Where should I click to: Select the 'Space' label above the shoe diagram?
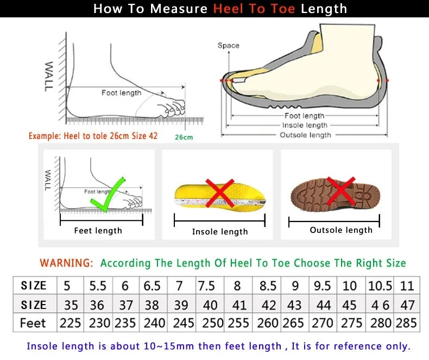[x=228, y=46]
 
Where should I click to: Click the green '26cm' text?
[x=184, y=137]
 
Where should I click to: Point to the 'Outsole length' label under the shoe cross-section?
[x=305, y=135]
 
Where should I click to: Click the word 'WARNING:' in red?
[x=66, y=263]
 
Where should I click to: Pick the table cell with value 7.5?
[x=206, y=286]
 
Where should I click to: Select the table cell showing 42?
[x=268, y=305]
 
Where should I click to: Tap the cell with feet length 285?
[x=407, y=323]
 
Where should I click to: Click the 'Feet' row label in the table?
[x=33, y=323]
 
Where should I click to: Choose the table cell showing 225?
[x=70, y=323]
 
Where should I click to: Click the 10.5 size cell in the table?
[x=380, y=286]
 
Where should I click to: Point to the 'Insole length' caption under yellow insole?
[x=220, y=232]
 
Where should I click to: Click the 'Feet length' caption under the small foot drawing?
[x=98, y=231]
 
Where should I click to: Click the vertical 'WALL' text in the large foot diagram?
[x=49, y=76]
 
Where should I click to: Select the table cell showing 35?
[x=70, y=305]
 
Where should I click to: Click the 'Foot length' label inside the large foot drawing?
[x=121, y=93]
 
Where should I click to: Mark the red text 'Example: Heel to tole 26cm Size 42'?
[x=93, y=136]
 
